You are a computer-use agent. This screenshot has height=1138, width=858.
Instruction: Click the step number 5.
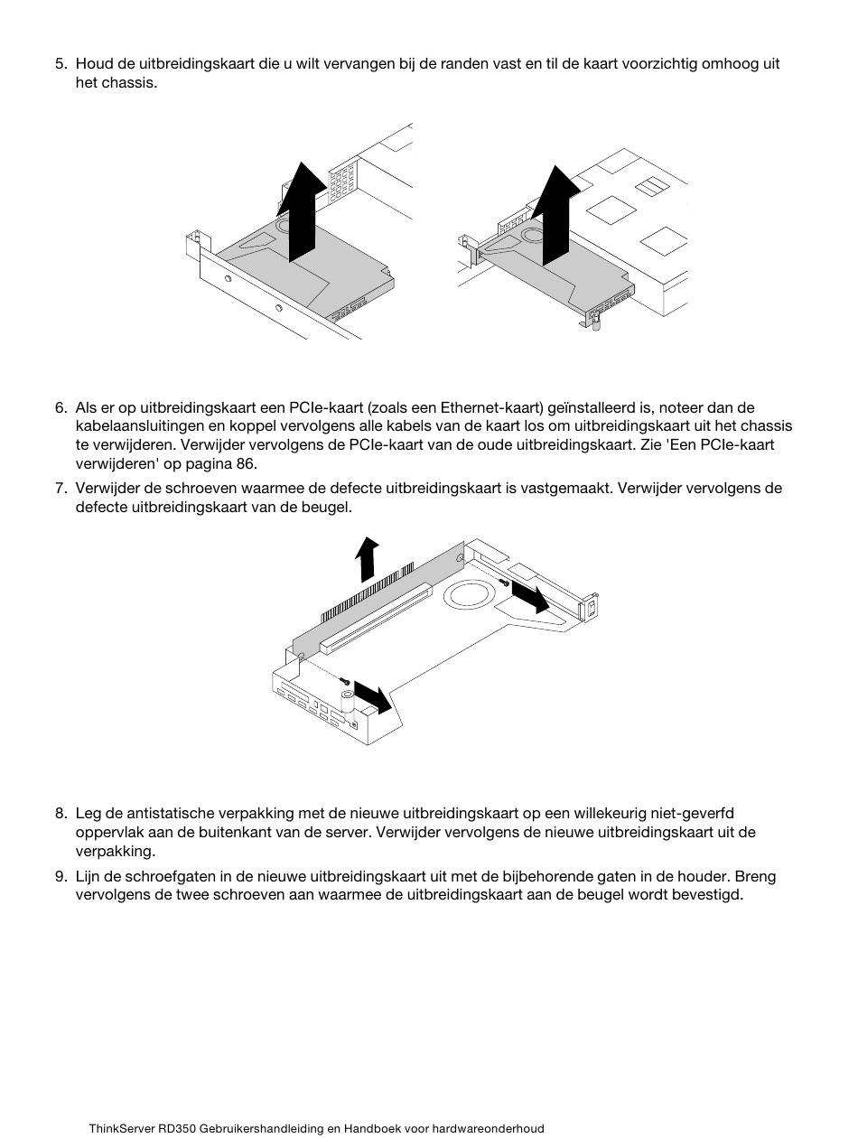[61, 64]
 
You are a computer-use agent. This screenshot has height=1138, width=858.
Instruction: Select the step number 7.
[61, 488]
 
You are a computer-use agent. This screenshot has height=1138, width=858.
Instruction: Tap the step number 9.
[61, 876]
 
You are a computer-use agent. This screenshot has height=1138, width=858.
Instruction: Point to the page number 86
[246, 463]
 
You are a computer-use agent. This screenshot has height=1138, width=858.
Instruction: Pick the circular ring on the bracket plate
[468, 594]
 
